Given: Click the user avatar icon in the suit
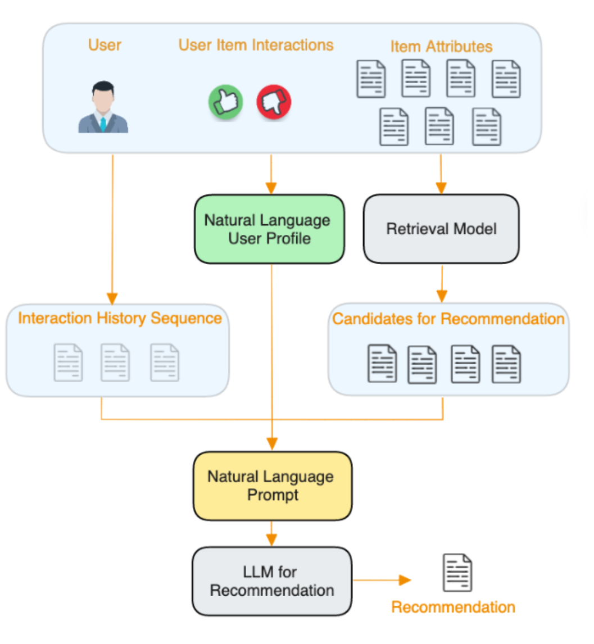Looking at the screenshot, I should coord(103,107).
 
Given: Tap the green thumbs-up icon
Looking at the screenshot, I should coord(225,102).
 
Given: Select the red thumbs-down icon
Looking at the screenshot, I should coord(274,102).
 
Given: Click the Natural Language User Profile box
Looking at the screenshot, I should coord(269,229).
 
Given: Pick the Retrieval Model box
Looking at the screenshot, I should coord(441,229).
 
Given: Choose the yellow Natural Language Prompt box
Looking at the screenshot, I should coord(273,486).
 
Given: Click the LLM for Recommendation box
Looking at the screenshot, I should coord(273,582).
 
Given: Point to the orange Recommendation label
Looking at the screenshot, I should coord(453,607).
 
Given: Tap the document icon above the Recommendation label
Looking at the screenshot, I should coord(457,573).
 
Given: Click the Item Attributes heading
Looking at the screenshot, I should coord(441,47).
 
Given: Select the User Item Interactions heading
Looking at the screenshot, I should coord(256,44).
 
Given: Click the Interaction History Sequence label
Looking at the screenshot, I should coord(120,318).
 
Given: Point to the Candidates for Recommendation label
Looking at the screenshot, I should coord(448,319).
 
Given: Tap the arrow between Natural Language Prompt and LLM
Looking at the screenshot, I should coord(272,533).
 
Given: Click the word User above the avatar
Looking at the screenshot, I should coord(105,45).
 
